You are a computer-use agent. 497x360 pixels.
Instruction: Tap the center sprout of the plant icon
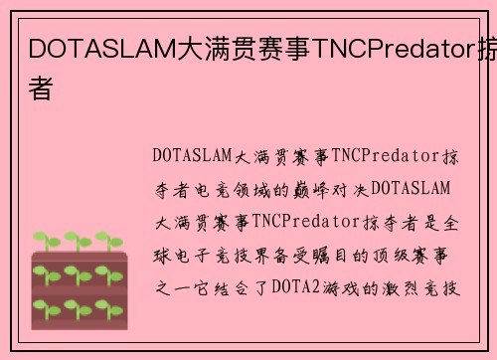(79, 272)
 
